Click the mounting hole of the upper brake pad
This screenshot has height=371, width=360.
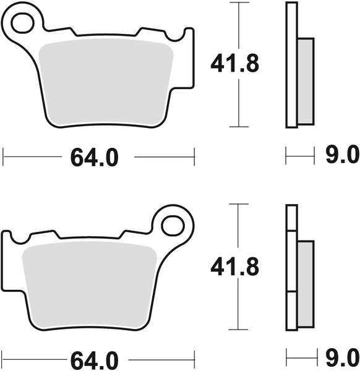(24, 23)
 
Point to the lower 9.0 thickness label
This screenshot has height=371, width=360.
(342, 357)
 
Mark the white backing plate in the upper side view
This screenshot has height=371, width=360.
(291, 65)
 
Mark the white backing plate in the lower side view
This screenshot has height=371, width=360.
(291, 266)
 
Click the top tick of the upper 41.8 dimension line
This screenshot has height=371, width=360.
(238, 3)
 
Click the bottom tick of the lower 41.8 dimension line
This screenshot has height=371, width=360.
(238, 329)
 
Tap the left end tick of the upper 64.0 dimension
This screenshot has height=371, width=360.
(4, 157)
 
